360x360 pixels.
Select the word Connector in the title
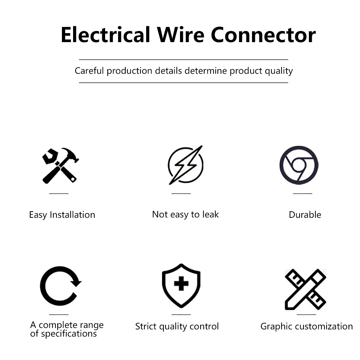pyautogui.click(x=263, y=35)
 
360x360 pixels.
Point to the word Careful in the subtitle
pyautogui.click(x=89, y=71)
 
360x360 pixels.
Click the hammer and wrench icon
pyautogui.click(x=60, y=166)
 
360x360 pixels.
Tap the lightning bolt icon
pyautogui.click(x=185, y=165)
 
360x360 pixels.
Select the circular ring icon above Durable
pyautogui.click(x=299, y=165)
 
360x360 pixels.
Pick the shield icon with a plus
pyautogui.click(x=181, y=285)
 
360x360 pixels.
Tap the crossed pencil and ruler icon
pyautogui.click(x=305, y=289)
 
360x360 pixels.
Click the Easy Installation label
pyautogui.click(x=62, y=215)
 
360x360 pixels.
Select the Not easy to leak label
pyautogui.click(x=185, y=215)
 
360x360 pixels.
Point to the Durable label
pyautogui.click(x=305, y=215)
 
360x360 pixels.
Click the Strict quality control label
pyautogui.click(x=177, y=327)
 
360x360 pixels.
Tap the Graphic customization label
pyautogui.click(x=306, y=327)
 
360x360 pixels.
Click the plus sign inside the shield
pyautogui.click(x=181, y=284)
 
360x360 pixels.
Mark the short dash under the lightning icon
pyautogui.click(x=181, y=194)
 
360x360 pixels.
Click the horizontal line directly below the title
pyautogui.click(x=184, y=59)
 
